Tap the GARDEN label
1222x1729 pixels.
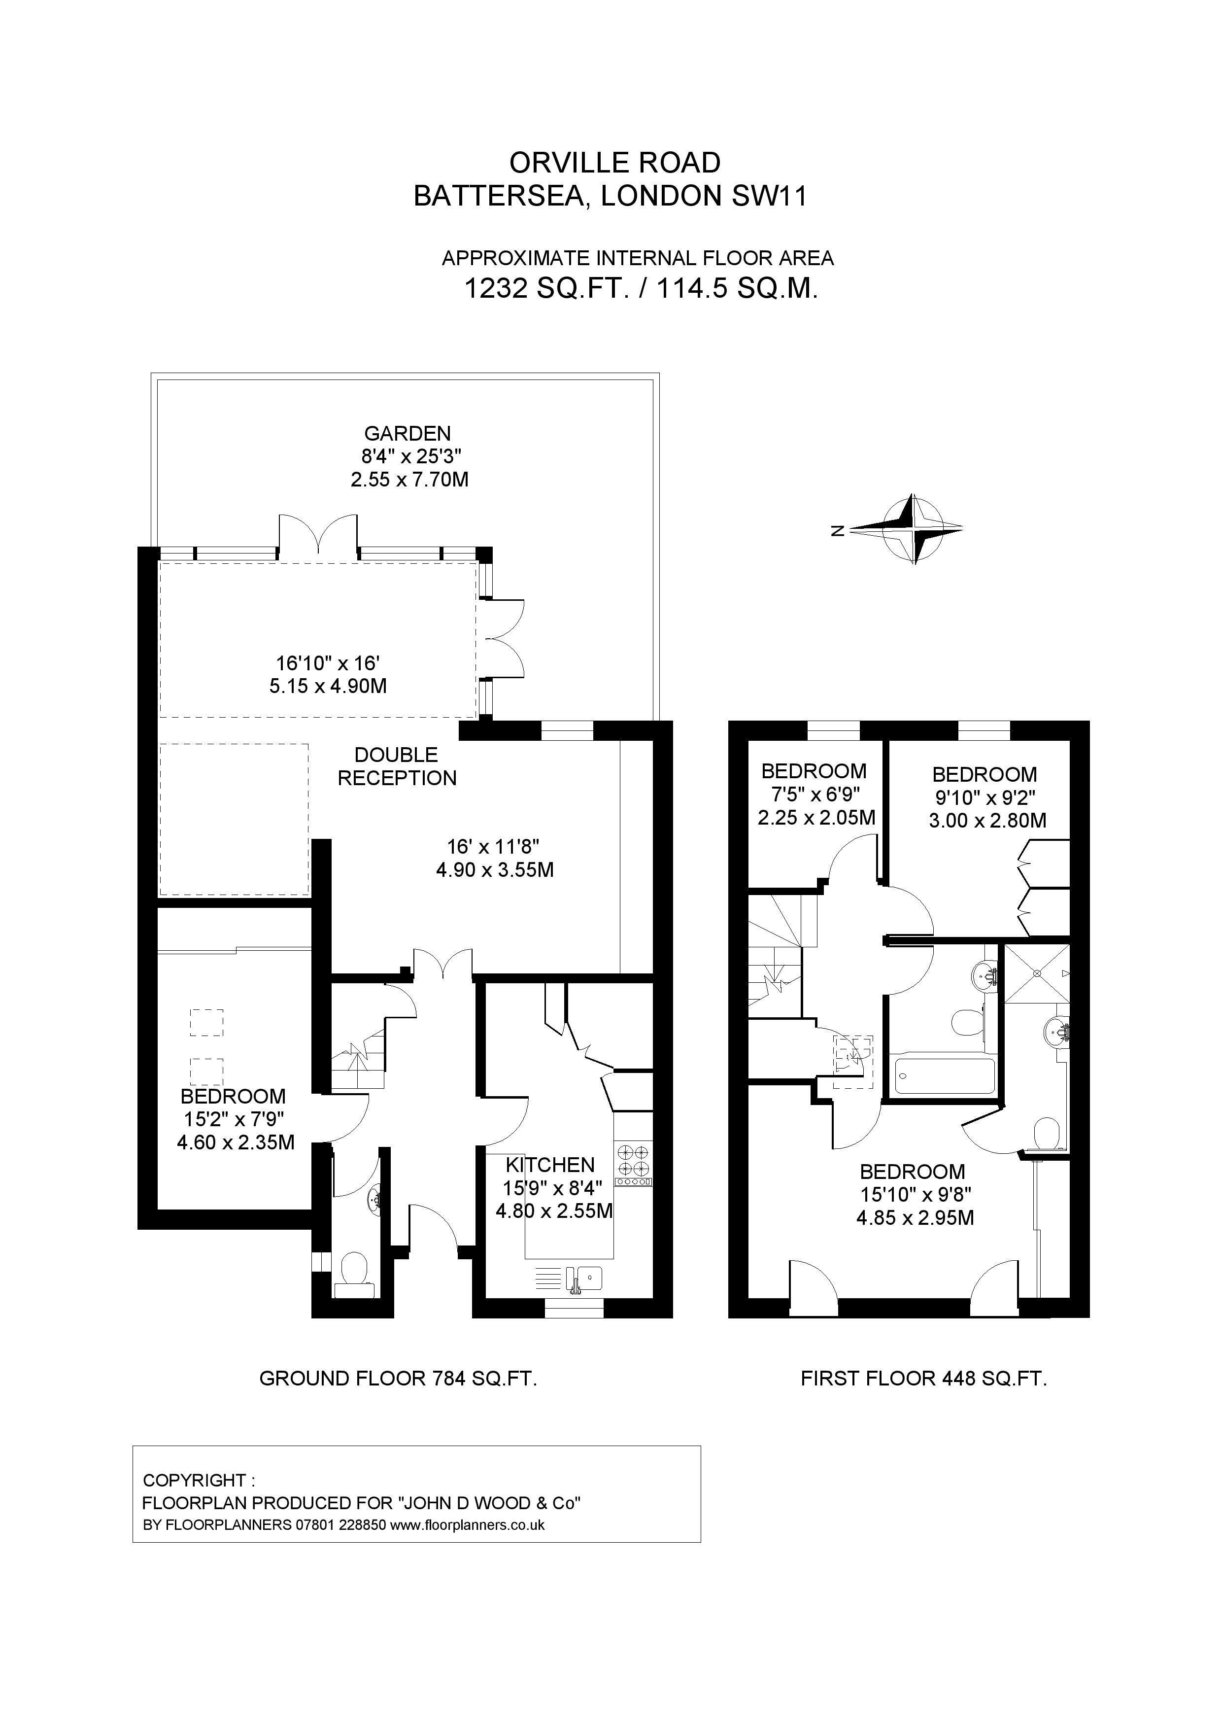[x=407, y=433]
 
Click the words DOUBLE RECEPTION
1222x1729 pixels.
[x=397, y=766]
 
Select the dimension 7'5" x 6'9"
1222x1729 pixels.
[x=814, y=794]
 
